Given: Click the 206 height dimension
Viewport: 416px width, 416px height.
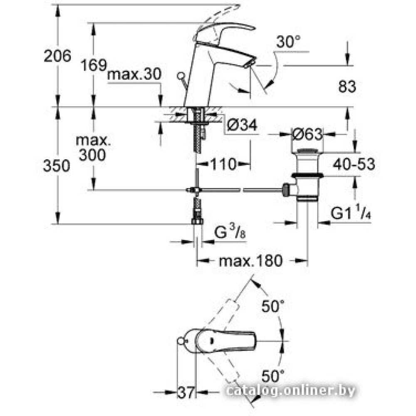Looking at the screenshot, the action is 57,56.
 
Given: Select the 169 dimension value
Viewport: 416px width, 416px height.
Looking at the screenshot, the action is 94,65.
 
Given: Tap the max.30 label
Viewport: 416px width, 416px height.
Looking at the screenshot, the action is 134,74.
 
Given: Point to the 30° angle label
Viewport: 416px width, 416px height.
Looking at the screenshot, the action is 288,42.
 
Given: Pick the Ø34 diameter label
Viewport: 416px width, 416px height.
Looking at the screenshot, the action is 243,124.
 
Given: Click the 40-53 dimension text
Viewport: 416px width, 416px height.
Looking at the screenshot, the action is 354,164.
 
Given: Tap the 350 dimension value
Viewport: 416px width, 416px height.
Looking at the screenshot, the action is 57,166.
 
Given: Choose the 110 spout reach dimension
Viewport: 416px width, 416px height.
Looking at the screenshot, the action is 223,164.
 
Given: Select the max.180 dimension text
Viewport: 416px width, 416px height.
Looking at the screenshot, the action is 251,261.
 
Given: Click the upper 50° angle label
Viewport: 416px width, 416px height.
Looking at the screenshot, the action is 273,307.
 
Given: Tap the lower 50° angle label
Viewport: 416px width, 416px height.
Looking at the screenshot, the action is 273,376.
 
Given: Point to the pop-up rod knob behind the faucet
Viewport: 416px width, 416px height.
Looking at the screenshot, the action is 181,76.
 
